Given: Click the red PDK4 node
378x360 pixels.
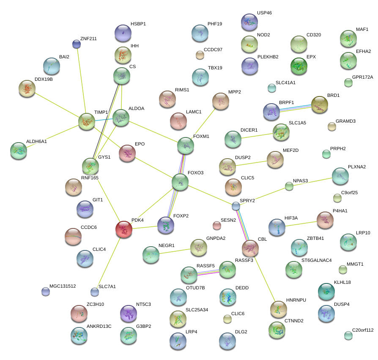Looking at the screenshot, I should tap(124, 229).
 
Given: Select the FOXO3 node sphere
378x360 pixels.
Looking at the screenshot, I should tap(181, 181).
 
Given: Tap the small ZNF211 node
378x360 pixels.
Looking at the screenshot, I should tap(77, 44).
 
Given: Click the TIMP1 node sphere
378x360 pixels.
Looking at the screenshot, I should tap(87, 121).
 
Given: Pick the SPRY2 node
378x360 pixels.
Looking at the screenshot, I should tap(236, 206).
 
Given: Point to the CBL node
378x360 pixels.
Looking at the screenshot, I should tap(250, 248).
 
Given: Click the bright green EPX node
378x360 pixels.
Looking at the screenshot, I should tap(299, 66).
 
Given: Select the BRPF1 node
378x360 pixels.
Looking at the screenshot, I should tap(271, 111).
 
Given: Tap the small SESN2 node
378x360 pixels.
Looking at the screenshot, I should tap(217, 225).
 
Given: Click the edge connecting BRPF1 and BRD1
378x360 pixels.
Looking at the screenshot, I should tap(295, 107).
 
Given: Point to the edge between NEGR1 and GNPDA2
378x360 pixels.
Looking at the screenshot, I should tap(175, 251).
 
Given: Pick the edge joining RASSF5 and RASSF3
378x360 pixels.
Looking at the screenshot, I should tap(208, 272).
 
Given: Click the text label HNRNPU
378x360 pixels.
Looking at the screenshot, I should tap(296, 300).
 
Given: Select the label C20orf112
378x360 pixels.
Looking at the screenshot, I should tap(363, 330).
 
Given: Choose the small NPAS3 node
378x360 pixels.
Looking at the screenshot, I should tap(289, 186).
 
